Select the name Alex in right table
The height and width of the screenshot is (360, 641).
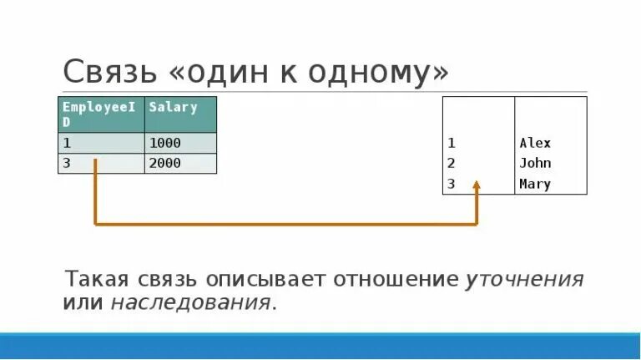[x=535, y=143]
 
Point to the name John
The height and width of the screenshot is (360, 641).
[x=535, y=164]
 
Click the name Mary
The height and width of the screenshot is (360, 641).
[x=535, y=185]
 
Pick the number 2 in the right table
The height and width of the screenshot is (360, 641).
[x=451, y=164]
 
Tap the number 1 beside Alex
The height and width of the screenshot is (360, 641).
[x=451, y=143]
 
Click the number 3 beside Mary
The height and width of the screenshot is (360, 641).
[x=451, y=185]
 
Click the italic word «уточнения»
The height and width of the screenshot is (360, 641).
[x=524, y=279]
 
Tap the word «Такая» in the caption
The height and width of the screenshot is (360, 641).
[x=94, y=279]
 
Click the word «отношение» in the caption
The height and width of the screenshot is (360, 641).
[x=396, y=279]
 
